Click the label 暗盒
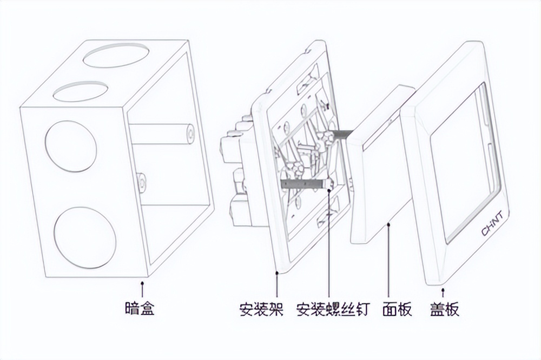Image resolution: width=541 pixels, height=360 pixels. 140,310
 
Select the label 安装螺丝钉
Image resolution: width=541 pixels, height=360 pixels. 333,310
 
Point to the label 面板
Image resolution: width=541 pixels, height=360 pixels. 397,310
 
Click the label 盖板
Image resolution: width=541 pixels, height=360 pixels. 445,310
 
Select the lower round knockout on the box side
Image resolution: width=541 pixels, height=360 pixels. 85,237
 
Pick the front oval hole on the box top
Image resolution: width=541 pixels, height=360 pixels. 81,91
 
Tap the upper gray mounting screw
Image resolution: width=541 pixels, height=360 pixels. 341,132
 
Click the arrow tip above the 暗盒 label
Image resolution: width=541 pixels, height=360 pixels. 142,280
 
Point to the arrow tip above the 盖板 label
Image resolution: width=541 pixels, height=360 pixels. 444,288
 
